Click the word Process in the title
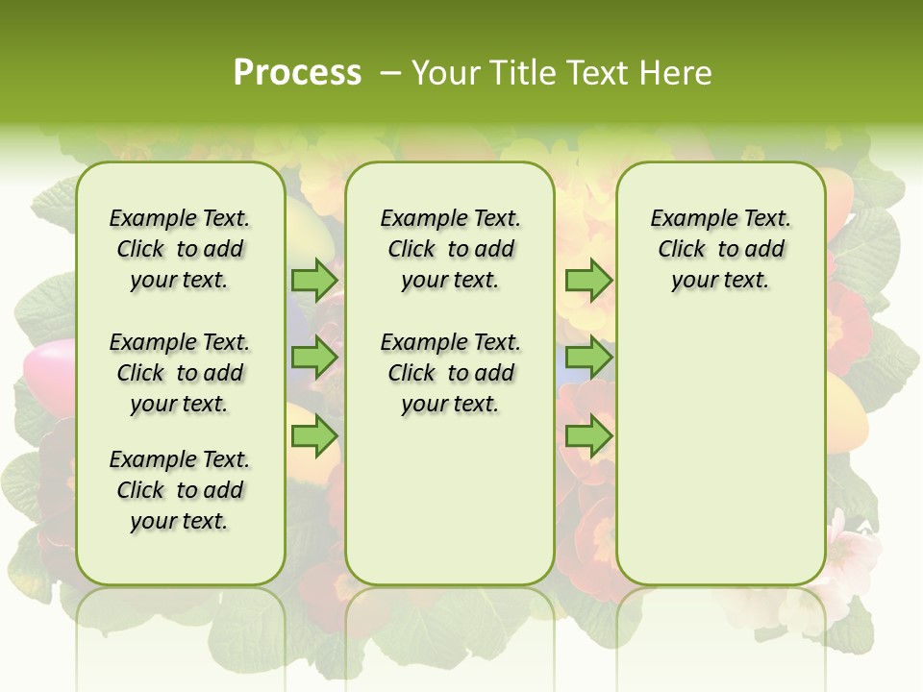pos(297,72)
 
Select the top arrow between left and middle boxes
pos(314,281)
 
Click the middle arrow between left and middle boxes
pos(314,358)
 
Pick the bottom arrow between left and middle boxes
pos(314,437)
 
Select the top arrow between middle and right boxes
pos(588,281)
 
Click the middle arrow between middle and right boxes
pos(588,358)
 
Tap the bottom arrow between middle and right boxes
pos(588,437)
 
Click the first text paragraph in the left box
pos(180,249)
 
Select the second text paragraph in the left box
pos(180,373)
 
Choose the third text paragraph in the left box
pos(180,490)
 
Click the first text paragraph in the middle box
pos(450,249)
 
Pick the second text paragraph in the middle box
pos(450,373)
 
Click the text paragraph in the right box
pos(720,249)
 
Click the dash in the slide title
pos(390,73)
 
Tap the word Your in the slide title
pos(446,73)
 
